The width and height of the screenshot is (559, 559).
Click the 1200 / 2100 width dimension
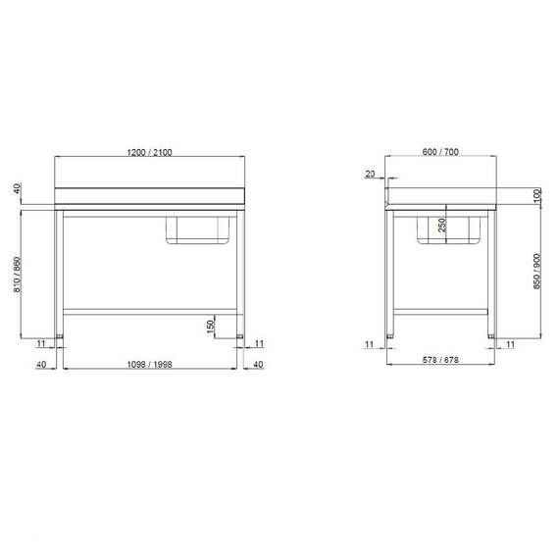[x=149, y=151]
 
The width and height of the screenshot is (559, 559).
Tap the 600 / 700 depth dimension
[x=440, y=151]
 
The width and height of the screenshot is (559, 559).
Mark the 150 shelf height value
[x=210, y=325]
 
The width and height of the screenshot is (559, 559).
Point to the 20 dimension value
[x=370, y=174]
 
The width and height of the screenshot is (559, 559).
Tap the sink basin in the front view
[x=198, y=229]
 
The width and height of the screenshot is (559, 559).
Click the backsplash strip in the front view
[x=149, y=195]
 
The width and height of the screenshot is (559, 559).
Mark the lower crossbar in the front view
[x=149, y=310]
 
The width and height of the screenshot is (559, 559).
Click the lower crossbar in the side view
[x=440, y=310]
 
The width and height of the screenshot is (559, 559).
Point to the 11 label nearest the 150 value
[x=259, y=343]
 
